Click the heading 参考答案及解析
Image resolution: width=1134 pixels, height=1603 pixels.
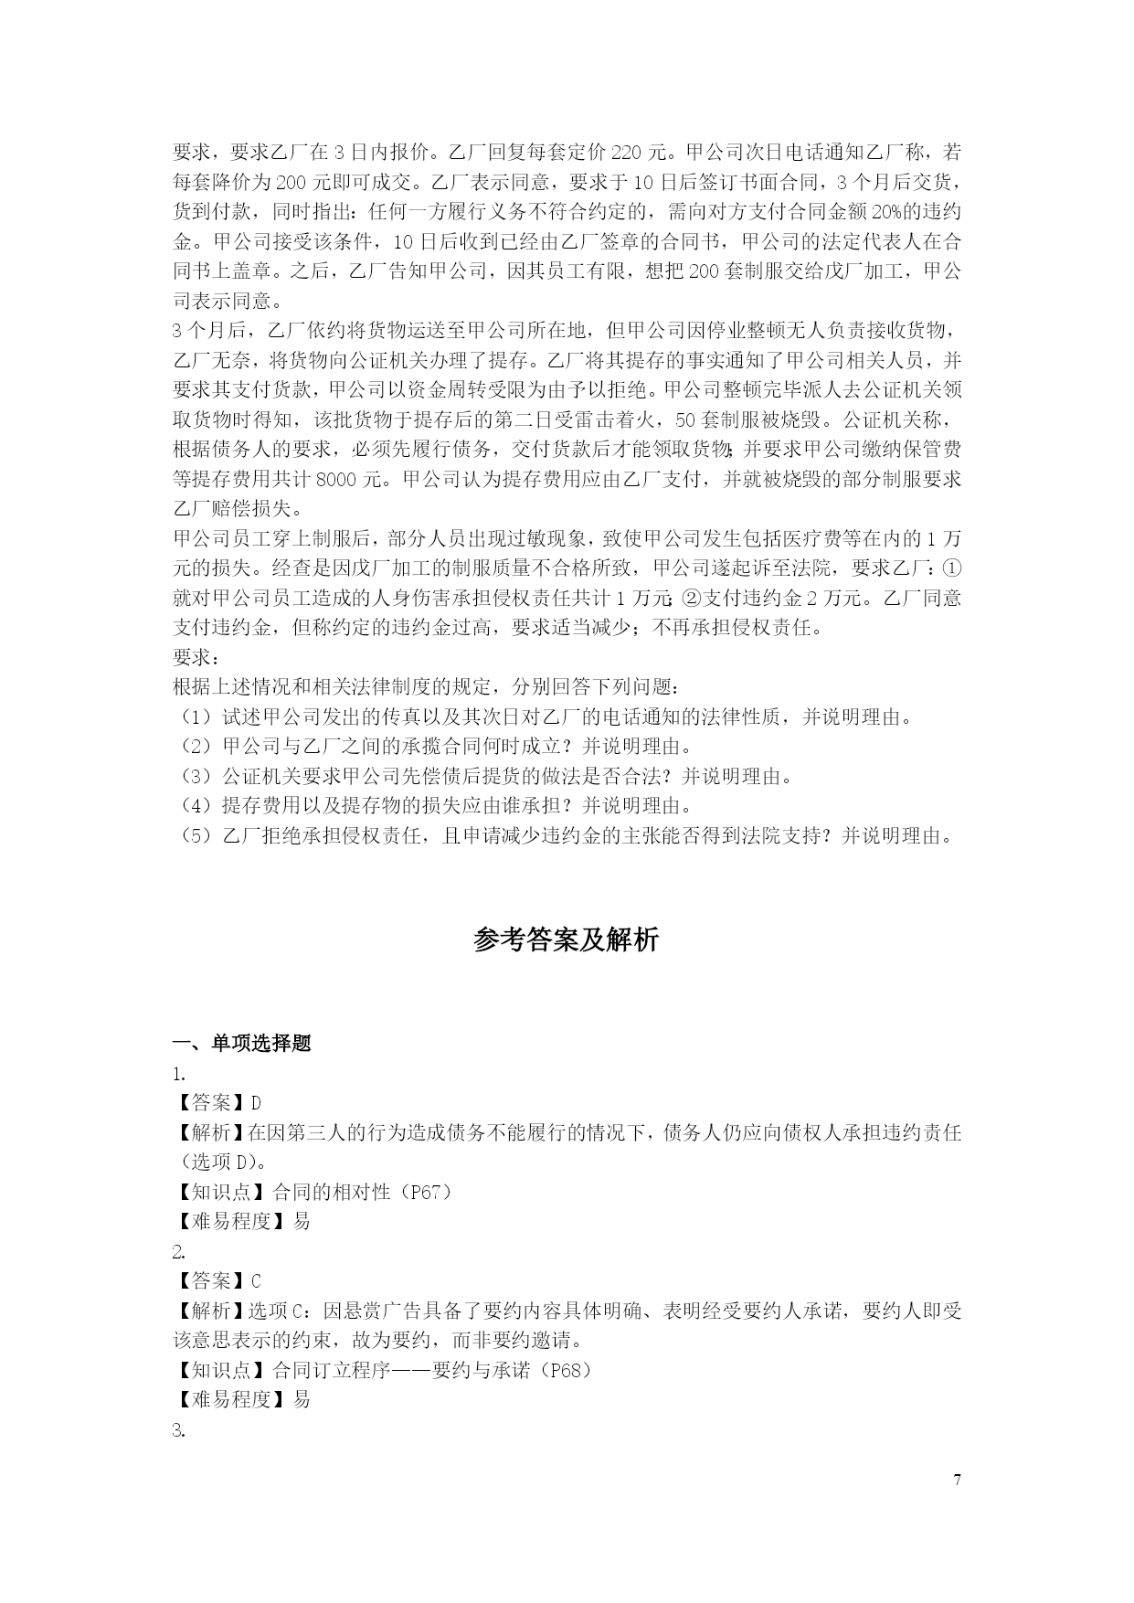click(567, 940)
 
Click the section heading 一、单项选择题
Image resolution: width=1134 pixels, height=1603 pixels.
click(242, 1043)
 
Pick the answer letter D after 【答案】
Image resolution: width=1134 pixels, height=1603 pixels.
click(256, 1103)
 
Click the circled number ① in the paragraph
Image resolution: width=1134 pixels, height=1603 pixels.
click(951, 568)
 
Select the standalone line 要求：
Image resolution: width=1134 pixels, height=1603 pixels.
click(196, 657)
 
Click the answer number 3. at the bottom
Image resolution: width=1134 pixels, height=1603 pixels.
click(179, 1430)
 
